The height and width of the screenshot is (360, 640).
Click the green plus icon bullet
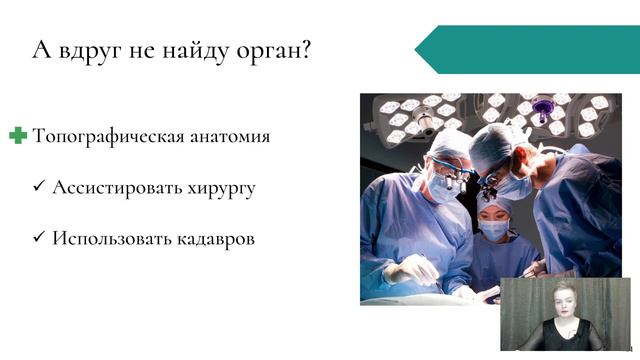[18, 136]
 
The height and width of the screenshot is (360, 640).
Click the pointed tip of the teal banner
[418, 50]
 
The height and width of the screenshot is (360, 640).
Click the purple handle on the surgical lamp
[544, 105]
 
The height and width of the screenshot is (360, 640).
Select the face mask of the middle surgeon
[495, 229]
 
